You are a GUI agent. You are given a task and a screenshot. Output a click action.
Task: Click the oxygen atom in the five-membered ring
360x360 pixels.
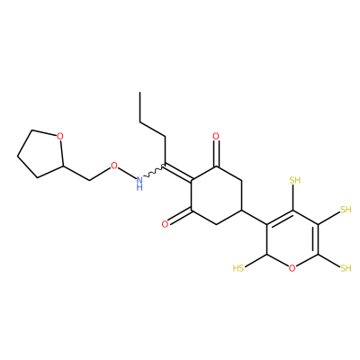[x=60, y=137]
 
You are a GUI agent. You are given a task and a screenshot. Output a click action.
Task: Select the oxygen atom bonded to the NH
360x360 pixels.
[x=113, y=166]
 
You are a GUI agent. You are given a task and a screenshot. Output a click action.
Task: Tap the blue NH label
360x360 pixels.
[x=139, y=184]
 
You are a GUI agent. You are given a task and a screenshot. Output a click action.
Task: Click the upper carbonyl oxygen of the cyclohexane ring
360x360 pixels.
[x=216, y=137]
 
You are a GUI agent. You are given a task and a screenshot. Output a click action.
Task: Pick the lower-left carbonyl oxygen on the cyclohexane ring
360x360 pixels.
[x=165, y=224]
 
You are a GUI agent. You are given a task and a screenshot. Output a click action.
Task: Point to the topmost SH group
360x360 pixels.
[x=295, y=180]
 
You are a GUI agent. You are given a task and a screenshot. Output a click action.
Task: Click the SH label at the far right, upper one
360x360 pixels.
[x=346, y=210]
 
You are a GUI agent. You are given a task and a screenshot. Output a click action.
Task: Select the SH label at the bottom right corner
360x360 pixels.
[x=346, y=268]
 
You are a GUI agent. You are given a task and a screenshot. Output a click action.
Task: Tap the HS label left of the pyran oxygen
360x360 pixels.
[x=238, y=268]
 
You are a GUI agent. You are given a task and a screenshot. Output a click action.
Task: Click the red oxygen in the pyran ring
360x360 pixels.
[x=292, y=268]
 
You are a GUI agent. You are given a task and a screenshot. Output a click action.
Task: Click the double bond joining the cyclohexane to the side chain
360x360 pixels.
[x=178, y=172]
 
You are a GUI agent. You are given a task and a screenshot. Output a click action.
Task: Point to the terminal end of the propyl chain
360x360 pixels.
[x=139, y=92]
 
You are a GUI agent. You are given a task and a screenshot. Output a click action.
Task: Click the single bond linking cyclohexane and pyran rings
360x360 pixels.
[x=255, y=217]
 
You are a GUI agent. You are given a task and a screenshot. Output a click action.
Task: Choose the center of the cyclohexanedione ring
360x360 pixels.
[x=217, y=195]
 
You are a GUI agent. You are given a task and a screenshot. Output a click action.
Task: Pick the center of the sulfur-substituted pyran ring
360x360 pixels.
[x=292, y=239]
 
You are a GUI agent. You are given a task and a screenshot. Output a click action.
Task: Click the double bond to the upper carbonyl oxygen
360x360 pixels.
[x=217, y=154]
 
